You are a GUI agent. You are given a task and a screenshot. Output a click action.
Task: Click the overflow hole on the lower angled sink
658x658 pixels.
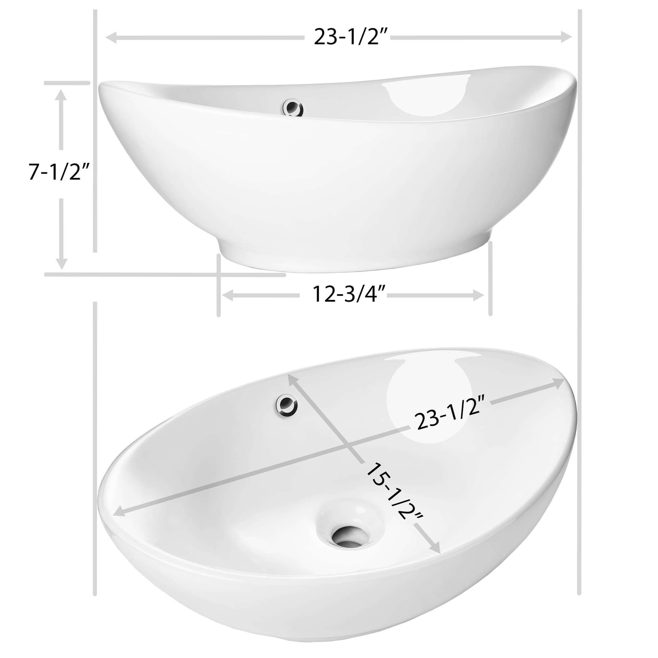[287, 405]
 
